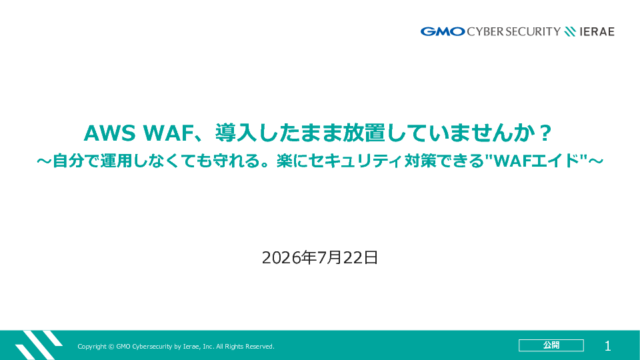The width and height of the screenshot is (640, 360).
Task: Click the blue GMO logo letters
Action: (x=443, y=31)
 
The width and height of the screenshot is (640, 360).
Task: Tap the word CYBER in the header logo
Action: (x=485, y=31)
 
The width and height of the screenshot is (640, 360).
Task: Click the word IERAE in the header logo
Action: (x=597, y=32)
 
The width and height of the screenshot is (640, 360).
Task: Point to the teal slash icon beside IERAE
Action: (x=570, y=31)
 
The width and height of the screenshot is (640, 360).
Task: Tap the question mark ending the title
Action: (x=545, y=133)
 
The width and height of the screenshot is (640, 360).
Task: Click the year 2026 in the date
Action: (x=281, y=257)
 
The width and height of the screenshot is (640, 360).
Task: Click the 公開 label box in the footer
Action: (x=551, y=345)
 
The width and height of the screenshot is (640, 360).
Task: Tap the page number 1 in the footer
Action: (x=608, y=346)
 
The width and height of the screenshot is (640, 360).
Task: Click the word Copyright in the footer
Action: (x=92, y=347)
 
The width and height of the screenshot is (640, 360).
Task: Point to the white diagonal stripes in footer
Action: (x=39, y=345)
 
